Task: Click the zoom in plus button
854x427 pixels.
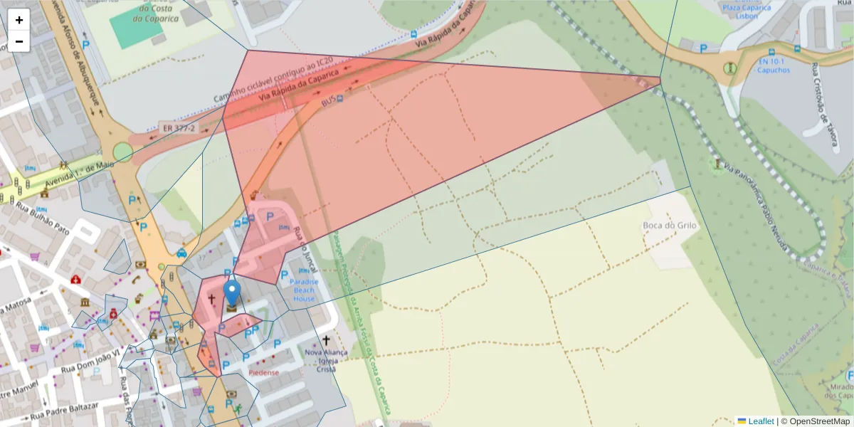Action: click(x=19, y=20)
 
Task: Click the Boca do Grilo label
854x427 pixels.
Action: click(x=670, y=226)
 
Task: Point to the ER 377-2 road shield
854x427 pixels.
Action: click(x=178, y=128)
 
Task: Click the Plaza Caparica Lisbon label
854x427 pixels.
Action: click(x=747, y=12)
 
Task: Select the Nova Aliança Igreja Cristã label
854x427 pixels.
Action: click(x=325, y=360)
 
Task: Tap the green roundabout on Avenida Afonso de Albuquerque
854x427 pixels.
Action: click(x=123, y=152)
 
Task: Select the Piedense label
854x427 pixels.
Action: click(x=263, y=372)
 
